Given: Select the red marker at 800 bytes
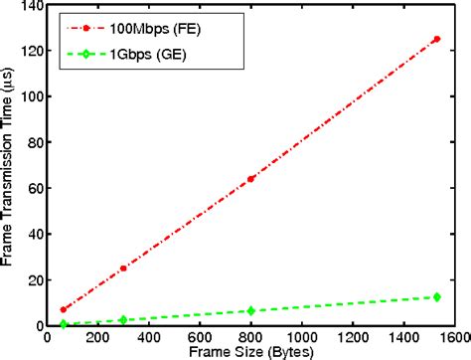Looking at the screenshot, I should [x=250, y=179].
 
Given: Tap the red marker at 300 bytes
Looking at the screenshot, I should [x=123, y=269].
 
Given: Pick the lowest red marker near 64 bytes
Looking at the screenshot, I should [x=63, y=309].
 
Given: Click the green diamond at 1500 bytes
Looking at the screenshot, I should [x=437, y=296].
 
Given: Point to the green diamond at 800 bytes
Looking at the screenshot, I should [x=250, y=311].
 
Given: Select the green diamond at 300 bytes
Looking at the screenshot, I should [x=123, y=320].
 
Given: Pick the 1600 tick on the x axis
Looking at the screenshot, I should [x=454, y=339].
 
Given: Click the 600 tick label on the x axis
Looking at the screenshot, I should [x=200, y=339].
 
